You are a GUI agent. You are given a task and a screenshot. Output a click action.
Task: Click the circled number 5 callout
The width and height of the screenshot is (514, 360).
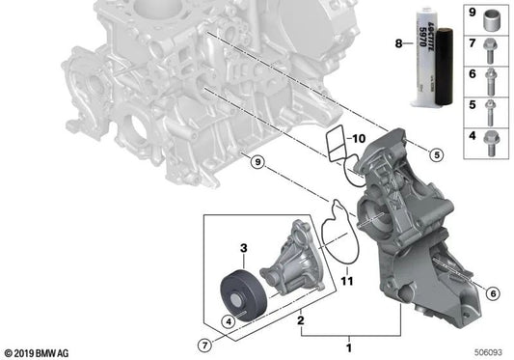(437, 154)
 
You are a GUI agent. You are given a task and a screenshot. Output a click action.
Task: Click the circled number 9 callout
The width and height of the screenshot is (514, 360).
(258, 162)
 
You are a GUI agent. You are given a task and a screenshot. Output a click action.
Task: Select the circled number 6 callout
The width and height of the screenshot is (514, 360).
(493, 293)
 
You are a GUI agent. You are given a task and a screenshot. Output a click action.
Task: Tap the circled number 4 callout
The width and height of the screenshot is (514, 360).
(229, 321)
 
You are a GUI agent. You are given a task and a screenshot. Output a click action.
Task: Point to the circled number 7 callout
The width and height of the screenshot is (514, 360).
(204, 346)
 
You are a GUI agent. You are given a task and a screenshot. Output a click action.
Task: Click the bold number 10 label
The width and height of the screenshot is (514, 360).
(359, 139)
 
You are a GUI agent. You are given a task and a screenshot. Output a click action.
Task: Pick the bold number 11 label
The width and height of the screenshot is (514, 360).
(347, 281)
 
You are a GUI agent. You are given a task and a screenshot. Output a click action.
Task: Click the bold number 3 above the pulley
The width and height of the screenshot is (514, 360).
(244, 248)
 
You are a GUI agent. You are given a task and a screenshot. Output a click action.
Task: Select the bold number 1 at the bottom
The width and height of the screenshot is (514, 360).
(349, 347)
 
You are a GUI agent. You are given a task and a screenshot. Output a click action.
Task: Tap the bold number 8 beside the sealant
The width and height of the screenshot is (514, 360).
(398, 43)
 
